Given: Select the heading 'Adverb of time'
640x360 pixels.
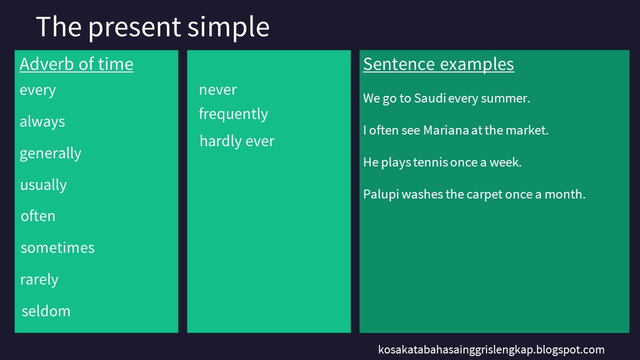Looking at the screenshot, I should tap(76, 64).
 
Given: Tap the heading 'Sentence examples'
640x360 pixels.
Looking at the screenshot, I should tap(438, 64).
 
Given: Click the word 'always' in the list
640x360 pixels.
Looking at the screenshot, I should tap(42, 121).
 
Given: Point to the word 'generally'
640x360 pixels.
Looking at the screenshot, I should tap(50, 153).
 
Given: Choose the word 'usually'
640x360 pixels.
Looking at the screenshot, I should tap(43, 185).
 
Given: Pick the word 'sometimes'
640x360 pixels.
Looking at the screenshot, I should tap(57, 247).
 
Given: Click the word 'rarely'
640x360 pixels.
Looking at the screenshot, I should tap(39, 279).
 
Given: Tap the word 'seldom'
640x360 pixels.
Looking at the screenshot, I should tap(46, 311).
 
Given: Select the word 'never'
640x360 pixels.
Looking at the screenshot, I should tap(217, 90).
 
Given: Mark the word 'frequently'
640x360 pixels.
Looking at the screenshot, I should tap(233, 114).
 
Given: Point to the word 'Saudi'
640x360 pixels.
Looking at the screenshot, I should tap(429, 98).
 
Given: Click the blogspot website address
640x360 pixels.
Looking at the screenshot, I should tap(491, 349).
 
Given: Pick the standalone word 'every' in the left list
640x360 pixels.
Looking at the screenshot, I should tap(37, 90).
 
